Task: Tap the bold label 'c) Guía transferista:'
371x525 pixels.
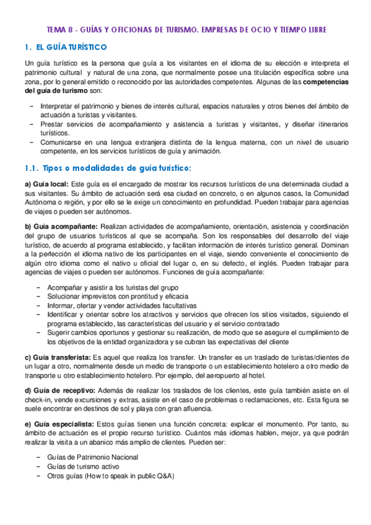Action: (58, 357)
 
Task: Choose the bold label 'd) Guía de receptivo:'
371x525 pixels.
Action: (59, 391)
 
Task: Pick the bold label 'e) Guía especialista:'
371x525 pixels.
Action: (59, 423)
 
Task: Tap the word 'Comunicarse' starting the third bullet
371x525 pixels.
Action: (68, 142)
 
